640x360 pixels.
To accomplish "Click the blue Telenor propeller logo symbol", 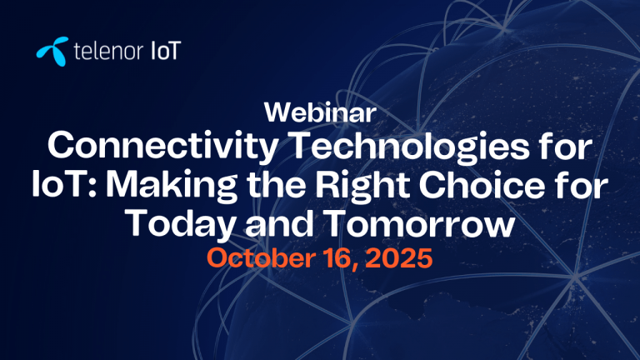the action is (x=52, y=52).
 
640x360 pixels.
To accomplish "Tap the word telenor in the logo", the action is (x=108, y=52).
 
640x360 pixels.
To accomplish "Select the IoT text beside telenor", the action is (x=166, y=51).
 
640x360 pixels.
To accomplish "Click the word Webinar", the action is (x=320, y=112).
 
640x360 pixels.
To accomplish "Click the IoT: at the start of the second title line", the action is (x=64, y=185).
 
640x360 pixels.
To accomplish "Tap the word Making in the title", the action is (x=172, y=187).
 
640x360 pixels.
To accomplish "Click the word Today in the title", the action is (x=180, y=225).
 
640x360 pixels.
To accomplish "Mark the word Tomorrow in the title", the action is (x=420, y=223).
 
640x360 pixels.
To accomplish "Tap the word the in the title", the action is (x=277, y=185).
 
